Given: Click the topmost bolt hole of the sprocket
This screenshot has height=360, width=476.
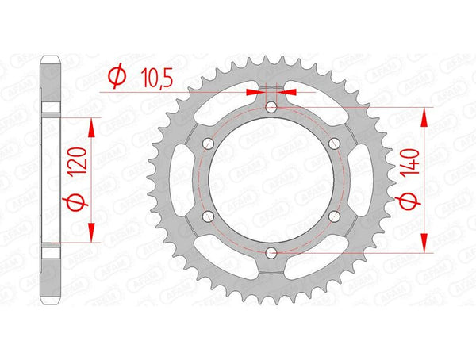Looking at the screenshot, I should click(x=271, y=106).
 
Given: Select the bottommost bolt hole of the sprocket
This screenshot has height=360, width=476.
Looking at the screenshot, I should click(x=271, y=252).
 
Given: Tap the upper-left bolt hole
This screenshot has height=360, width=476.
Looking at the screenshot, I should click(x=209, y=143).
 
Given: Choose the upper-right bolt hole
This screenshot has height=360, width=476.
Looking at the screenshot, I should click(x=334, y=143).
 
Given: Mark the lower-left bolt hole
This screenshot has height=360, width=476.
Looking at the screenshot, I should click(x=209, y=216).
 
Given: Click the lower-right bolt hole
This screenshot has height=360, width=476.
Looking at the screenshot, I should click(x=334, y=216).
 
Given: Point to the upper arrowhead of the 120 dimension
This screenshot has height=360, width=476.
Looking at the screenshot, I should click(x=94, y=128).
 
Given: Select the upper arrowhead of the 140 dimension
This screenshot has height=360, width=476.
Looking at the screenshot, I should click(x=425, y=116).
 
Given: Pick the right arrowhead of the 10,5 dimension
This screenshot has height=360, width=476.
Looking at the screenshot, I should click(x=286, y=92).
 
